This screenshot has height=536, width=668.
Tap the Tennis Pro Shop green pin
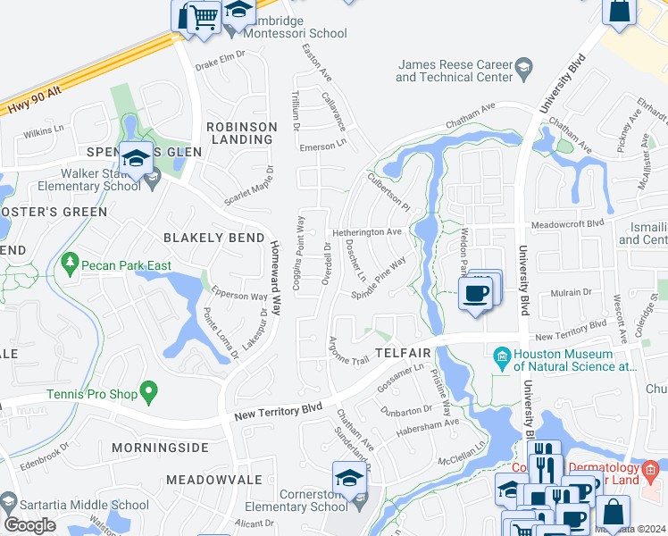click(x=149, y=390)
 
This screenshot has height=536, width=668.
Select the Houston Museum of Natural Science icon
click(x=502, y=358)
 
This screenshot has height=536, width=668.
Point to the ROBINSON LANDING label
click(x=241, y=133)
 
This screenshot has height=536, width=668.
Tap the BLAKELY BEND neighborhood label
click(x=213, y=238)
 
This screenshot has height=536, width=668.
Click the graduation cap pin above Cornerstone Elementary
click(x=349, y=478)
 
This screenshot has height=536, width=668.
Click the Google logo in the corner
click(x=29, y=524)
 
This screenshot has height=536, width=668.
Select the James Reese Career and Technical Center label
click(x=455, y=71)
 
